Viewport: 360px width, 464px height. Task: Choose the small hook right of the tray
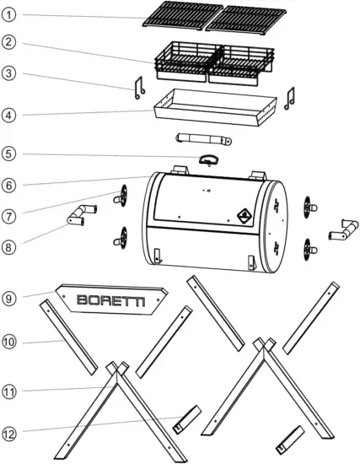coord(289,98)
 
